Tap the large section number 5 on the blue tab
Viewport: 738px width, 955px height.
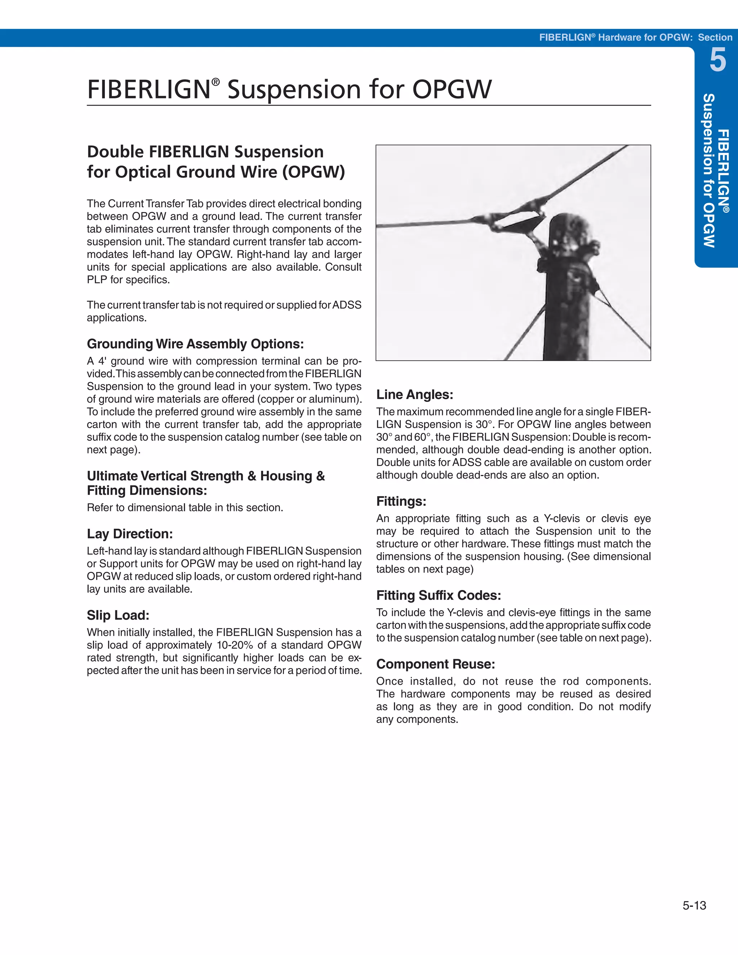pos(717,61)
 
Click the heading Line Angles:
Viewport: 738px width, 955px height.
pos(414,394)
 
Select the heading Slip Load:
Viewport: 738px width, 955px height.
pos(118,615)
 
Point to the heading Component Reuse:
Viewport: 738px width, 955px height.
pos(435,664)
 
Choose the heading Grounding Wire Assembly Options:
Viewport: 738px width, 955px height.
pos(195,344)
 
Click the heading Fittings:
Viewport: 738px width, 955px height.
pos(401,501)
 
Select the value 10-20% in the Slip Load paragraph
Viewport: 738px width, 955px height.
pos(235,645)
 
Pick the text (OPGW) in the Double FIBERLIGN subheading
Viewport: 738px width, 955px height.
pos(313,172)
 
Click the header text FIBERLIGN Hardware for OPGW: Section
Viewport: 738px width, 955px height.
pos(635,37)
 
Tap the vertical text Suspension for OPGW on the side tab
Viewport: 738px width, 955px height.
pos(709,170)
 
